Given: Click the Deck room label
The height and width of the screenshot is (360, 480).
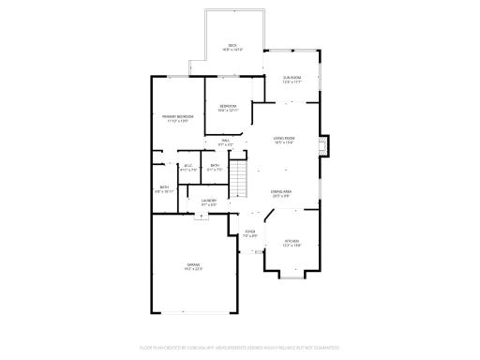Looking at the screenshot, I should [233, 44].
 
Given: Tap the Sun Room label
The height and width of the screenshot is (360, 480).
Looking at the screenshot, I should [292, 78].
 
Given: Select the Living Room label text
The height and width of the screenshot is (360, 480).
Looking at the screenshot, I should [284, 138].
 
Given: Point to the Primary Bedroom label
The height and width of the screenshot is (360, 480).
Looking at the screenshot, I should [177, 116].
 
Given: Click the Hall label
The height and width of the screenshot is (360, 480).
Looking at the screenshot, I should [226, 140].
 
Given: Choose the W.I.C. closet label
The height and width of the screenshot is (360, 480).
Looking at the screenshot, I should [187, 166].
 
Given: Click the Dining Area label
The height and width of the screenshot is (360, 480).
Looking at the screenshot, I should [280, 191].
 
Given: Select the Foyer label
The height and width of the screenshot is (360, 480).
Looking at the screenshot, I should [250, 231].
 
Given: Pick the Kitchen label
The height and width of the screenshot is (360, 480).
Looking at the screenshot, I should [292, 241].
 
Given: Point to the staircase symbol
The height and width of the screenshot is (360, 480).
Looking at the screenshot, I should [240, 175].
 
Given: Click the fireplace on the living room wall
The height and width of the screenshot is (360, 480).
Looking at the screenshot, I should [324, 145].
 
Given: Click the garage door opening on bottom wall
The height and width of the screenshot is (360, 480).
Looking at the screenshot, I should [192, 314].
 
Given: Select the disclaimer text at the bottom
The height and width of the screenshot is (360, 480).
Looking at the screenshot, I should [240, 347].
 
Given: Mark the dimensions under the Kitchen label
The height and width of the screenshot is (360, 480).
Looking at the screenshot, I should [292, 246].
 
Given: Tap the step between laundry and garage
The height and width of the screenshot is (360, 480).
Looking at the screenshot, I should [200, 215].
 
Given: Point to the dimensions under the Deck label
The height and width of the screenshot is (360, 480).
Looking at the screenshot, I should [233, 49].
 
